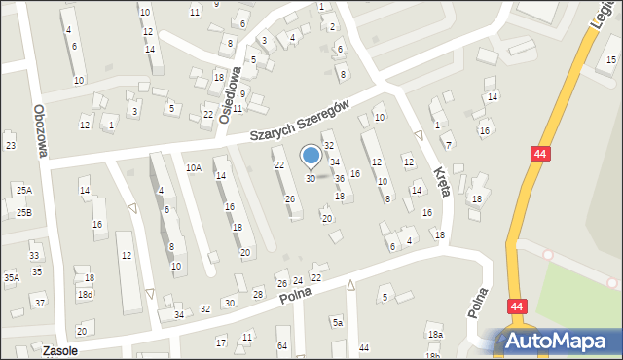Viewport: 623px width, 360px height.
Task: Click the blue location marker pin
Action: tap(311, 156)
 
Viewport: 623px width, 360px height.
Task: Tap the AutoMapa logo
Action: tap(556, 341)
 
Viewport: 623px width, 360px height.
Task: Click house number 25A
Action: tap(23, 190)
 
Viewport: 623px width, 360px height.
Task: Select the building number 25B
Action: tap(23, 212)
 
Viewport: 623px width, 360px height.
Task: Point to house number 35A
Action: tap(11, 277)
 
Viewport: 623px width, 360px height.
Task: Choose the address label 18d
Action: tap(86, 294)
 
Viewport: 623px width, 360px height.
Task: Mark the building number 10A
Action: tap(194, 168)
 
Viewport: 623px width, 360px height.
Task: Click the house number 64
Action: tap(282, 345)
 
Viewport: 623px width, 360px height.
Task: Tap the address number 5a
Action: tap(337, 322)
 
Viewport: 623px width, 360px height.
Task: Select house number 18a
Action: tap(434, 335)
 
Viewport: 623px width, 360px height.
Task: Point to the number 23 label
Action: tap(10, 145)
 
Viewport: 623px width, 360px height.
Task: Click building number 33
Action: tap(35, 256)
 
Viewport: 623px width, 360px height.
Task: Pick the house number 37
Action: tap(40, 303)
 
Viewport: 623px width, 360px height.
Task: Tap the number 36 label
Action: tap(340, 178)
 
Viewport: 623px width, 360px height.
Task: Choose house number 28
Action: tap(258, 294)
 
